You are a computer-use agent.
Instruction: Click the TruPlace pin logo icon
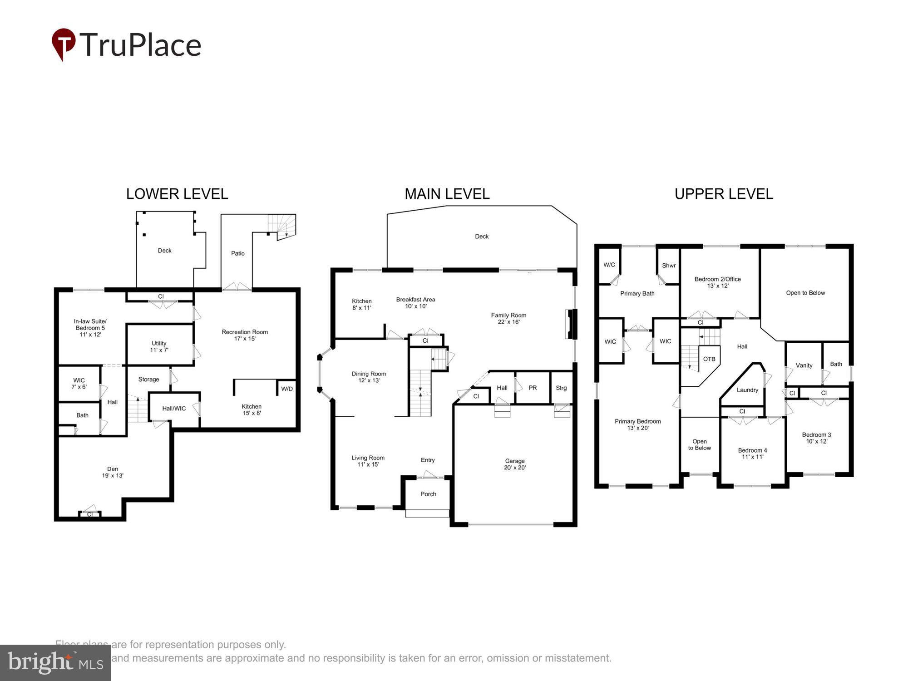(x=63, y=44)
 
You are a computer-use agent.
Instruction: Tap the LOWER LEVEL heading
(x=177, y=194)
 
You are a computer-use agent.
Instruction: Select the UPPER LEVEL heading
(x=723, y=194)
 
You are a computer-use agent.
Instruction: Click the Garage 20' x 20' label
(x=514, y=464)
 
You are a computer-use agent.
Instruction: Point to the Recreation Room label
(x=245, y=335)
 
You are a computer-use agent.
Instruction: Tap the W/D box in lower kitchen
(x=287, y=389)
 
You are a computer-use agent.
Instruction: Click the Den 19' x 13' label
(x=113, y=472)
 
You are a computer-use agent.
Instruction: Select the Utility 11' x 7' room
(x=159, y=346)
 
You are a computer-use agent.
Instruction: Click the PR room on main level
(x=533, y=388)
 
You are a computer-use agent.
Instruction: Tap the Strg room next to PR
(x=561, y=388)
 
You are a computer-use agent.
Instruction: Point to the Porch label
(x=428, y=494)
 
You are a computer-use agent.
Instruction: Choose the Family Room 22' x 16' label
(x=508, y=318)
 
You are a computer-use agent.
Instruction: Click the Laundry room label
(x=747, y=390)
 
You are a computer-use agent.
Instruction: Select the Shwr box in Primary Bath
(x=668, y=266)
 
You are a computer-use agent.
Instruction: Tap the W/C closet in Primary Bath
(x=609, y=265)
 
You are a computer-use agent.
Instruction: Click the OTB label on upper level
(x=709, y=359)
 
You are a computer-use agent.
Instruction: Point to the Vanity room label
(x=804, y=365)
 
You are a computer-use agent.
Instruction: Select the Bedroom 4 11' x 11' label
(x=752, y=454)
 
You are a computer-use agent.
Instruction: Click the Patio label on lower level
(x=237, y=253)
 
